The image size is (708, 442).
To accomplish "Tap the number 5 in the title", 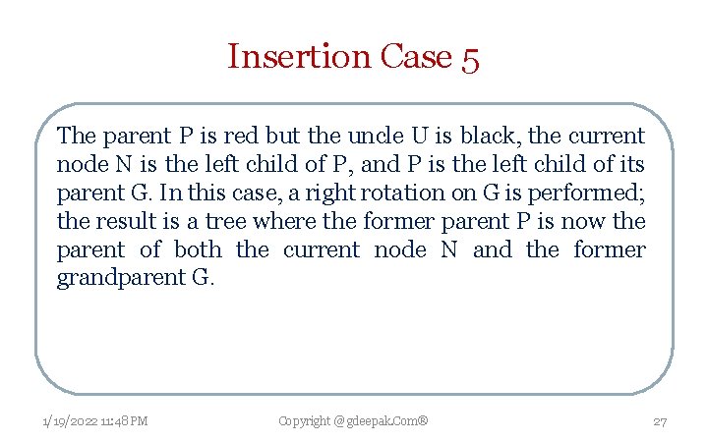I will [468, 58].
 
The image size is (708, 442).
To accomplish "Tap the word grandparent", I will [118, 278].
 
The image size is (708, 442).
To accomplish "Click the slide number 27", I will [660, 421].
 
